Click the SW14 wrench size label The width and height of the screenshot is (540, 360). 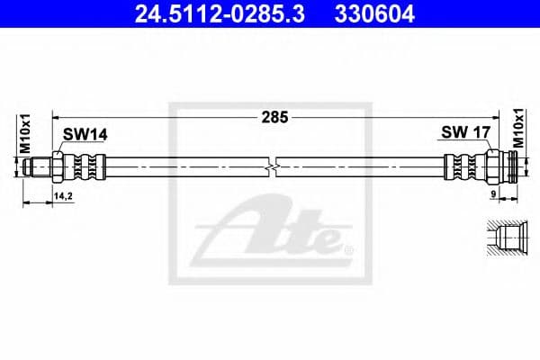click(x=85, y=134)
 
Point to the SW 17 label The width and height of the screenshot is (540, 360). click(x=465, y=132)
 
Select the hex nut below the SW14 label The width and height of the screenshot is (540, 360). click(x=59, y=167)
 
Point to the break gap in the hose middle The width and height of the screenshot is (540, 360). click(x=274, y=167)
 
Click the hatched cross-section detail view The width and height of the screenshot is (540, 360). click(x=500, y=239)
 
